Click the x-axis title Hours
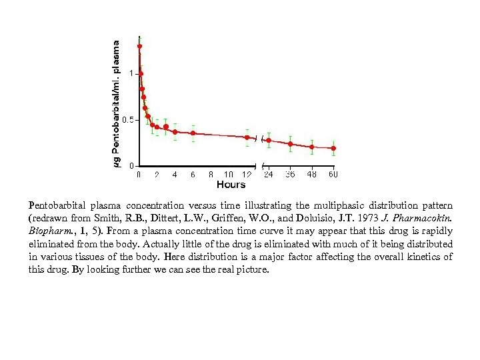(x=231, y=184)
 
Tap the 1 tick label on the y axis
(x=131, y=73)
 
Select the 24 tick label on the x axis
(x=268, y=175)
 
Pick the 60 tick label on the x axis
(x=333, y=175)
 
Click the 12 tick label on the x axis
(x=247, y=175)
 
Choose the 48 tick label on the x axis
(x=312, y=175)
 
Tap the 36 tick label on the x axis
(x=290, y=175)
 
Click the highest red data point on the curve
(x=139, y=46)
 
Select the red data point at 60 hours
(x=333, y=148)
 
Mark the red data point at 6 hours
(x=193, y=133)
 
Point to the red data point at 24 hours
(x=269, y=140)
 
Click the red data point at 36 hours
(x=290, y=144)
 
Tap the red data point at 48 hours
(x=312, y=147)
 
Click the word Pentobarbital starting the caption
(x=55, y=204)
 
